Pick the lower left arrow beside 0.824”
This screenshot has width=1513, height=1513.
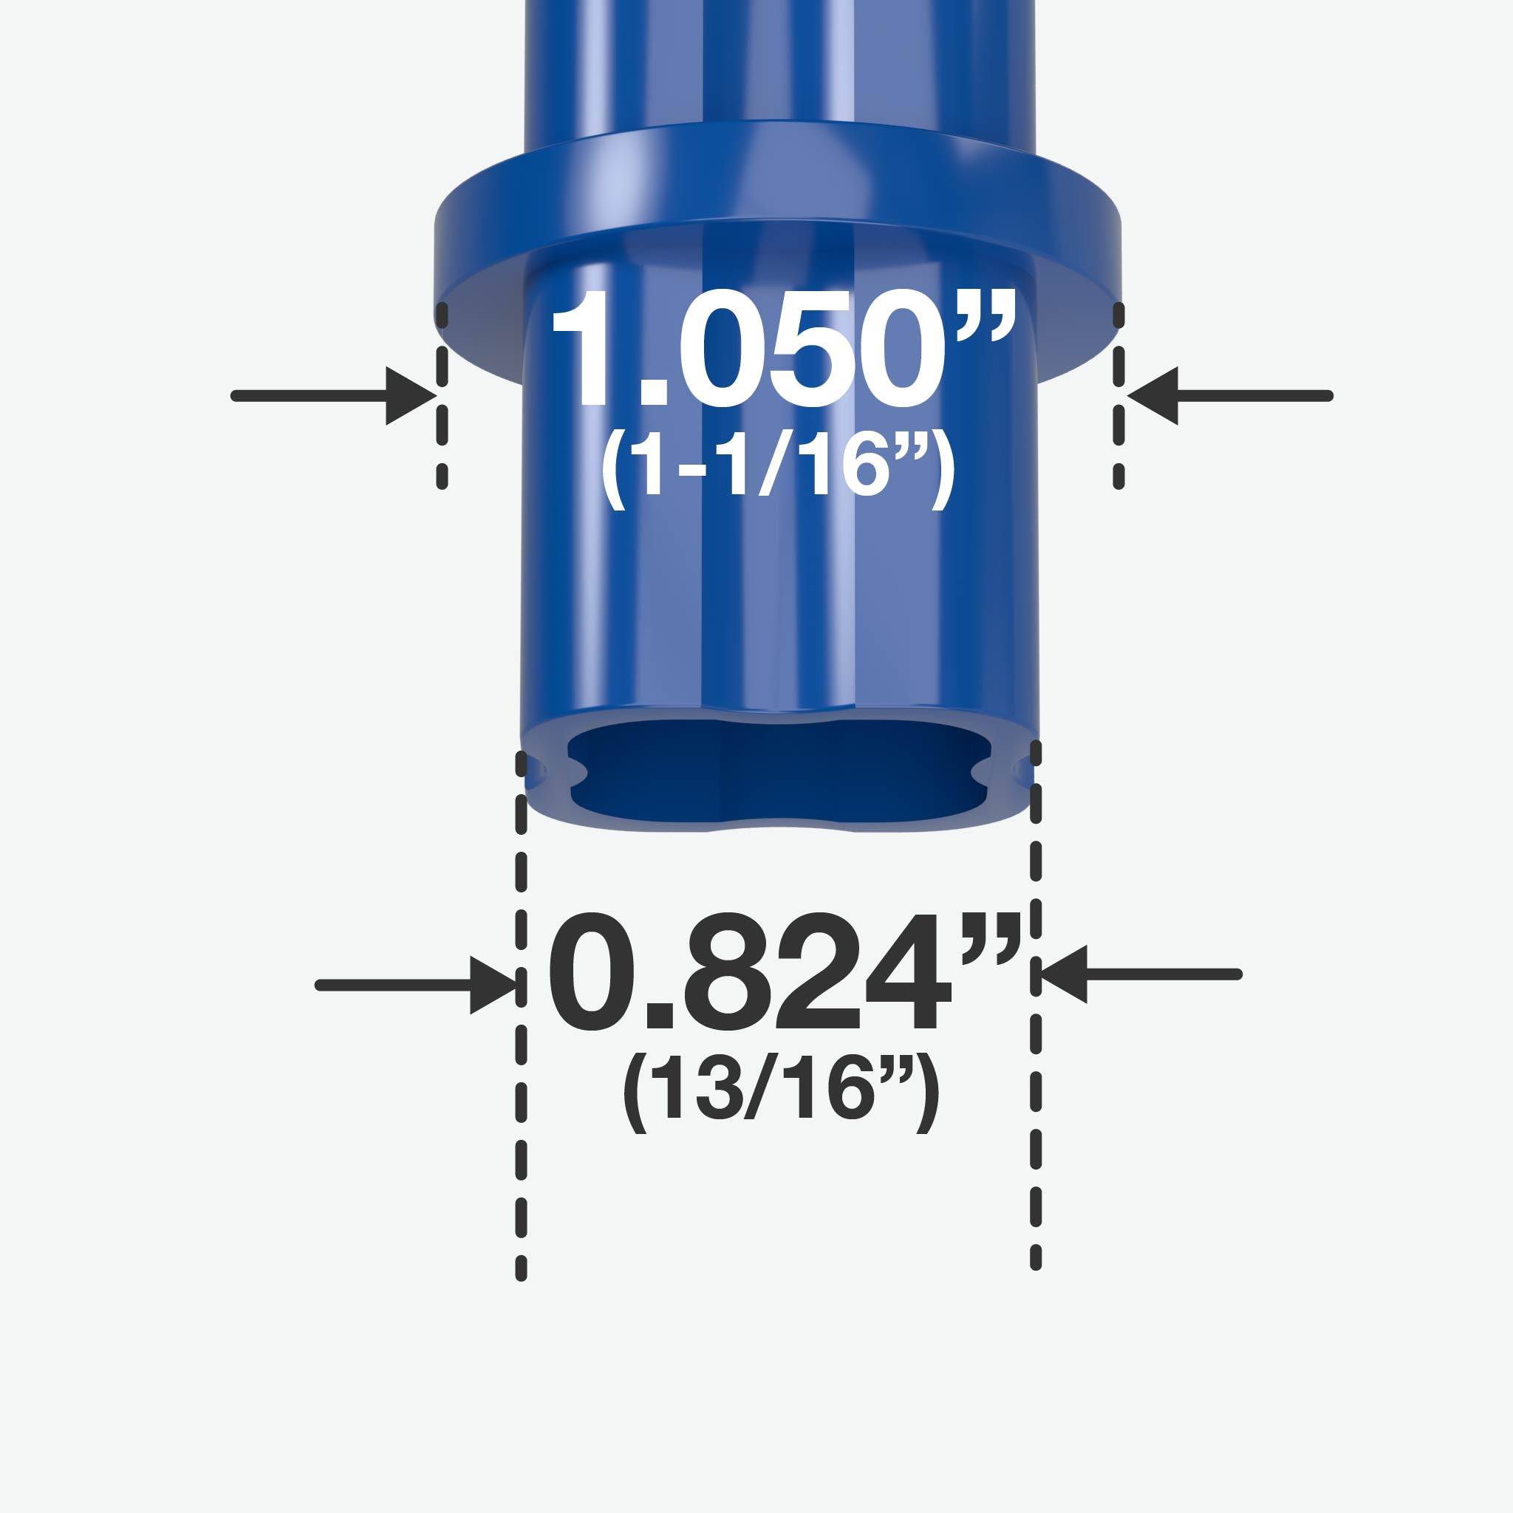point(415,986)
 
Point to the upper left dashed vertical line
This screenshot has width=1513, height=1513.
point(443,396)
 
